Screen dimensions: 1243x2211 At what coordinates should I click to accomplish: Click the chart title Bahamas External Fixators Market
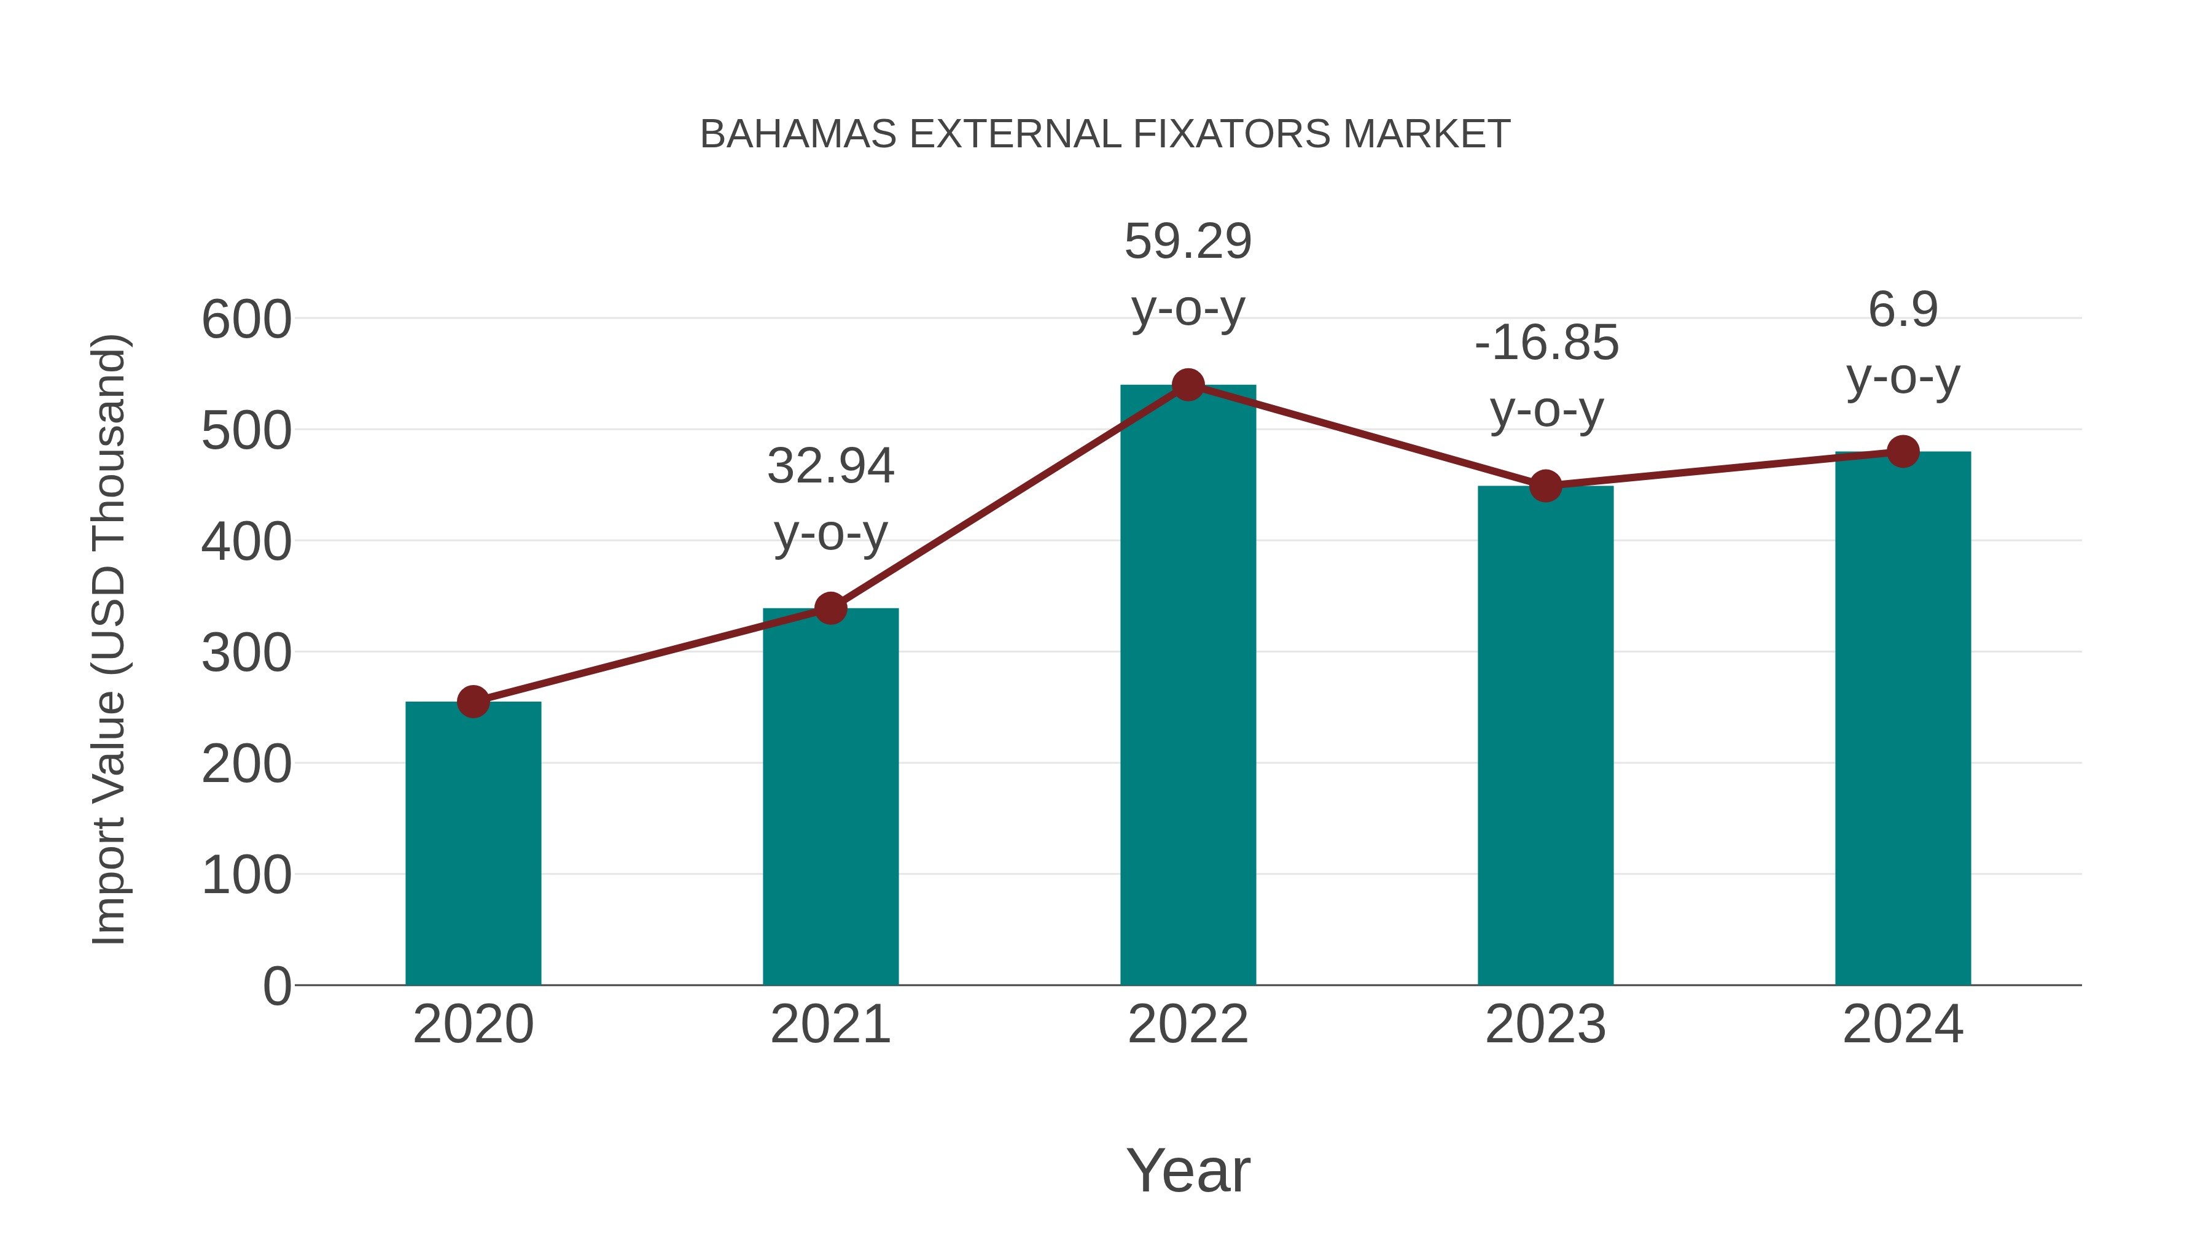pos(1105,134)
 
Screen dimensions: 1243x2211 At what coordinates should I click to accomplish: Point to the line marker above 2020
pos(473,702)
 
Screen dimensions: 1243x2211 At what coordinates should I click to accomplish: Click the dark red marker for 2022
pos(1188,385)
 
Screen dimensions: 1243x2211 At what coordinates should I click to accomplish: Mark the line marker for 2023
pos(1545,486)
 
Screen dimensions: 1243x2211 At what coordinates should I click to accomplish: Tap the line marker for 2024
pos(1903,451)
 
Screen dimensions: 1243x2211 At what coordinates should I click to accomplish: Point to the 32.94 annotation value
pos(830,467)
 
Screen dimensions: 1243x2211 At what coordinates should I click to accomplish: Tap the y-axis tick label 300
pos(246,654)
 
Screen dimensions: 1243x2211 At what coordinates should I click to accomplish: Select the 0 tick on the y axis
pos(276,986)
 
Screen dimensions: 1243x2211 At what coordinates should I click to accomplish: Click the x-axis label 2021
pos(830,1024)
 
